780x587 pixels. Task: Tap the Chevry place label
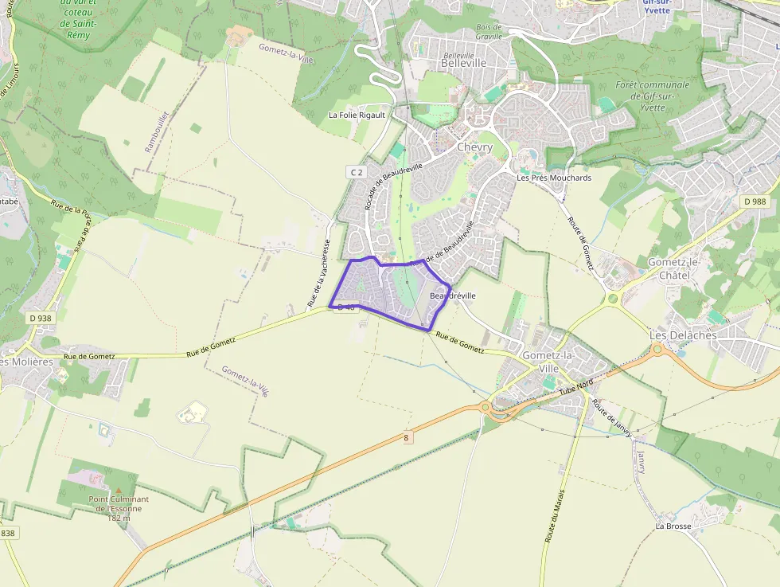(474, 147)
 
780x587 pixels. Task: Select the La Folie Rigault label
(357, 115)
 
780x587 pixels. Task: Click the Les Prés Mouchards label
(554, 178)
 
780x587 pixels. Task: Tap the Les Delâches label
(683, 335)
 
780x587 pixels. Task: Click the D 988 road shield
(754, 202)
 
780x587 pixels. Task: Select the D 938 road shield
(40, 319)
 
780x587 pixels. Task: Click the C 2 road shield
(356, 172)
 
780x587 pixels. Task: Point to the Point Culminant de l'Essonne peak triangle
(119, 491)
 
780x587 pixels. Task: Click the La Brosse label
(673, 526)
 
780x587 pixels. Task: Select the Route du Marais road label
(555, 515)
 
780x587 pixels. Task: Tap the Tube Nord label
(576, 387)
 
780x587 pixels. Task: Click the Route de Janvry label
(612, 417)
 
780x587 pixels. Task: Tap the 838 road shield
(7, 533)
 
